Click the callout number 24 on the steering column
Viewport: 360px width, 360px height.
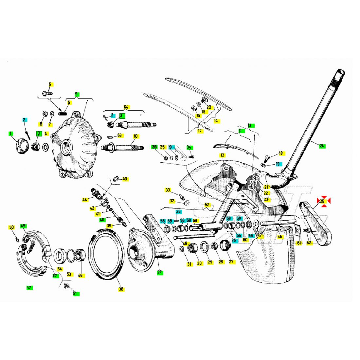click(x=322, y=146)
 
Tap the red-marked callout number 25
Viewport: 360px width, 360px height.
click(x=323, y=201)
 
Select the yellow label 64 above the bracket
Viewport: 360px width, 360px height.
click(x=126, y=107)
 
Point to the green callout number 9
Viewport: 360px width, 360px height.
click(x=77, y=94)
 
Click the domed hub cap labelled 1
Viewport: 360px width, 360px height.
click(x=22, y=145)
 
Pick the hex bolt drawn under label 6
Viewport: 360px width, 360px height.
click(x=48, y=93)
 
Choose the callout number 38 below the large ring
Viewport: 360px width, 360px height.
click(x=121, y=289)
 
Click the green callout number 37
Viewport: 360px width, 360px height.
click(x=160, y=272)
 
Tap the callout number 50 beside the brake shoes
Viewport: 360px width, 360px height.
click(x=11, y=227)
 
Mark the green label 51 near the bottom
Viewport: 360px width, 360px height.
click(x=76, y=294)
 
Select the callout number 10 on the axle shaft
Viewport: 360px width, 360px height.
click(x=135, y=136)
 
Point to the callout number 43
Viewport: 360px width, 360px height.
click(x=125, y=179)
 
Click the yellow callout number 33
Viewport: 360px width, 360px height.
click(x=168, y=190)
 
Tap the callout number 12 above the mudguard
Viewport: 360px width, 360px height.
click(x=223, y=155)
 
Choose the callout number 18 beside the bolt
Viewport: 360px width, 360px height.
click(x=280, y=153)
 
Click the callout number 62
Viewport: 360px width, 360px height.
click(x=309, y=243)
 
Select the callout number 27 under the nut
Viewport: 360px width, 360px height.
click(x=232, y=262)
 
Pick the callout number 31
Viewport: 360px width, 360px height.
click(x=189, y=264)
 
